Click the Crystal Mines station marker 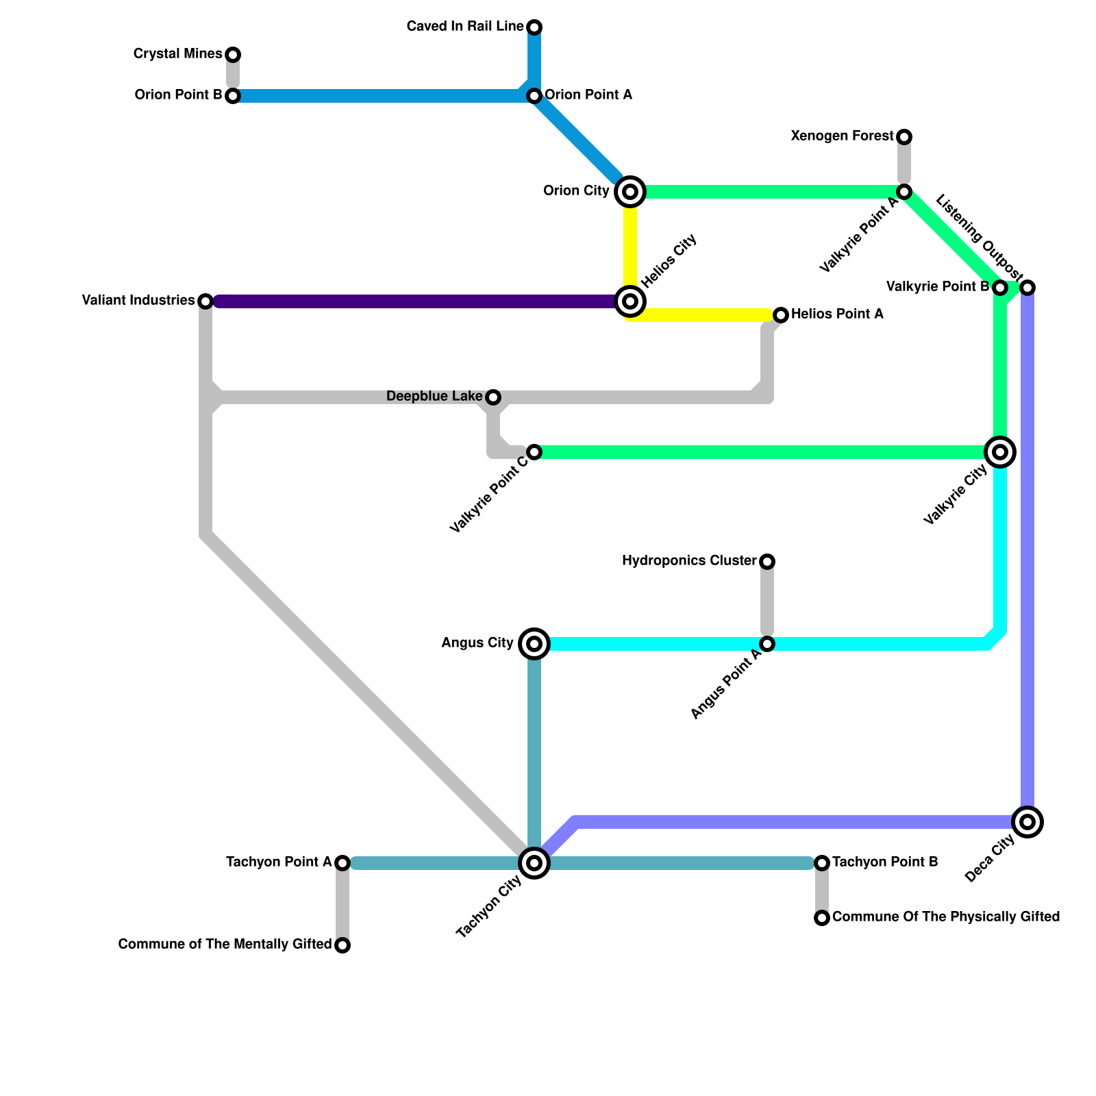[x=233, y=55]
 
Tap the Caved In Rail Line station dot [x=534, y=27]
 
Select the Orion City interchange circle [x=630, y=192]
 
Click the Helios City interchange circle [x=630, y=301]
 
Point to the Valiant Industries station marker [x=206, y=301]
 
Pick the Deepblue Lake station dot [x=493, y=397]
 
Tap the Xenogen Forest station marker [x=904, y=137]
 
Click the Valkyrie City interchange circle [x=1000, y=452]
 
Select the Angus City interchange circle [x=534, y=644]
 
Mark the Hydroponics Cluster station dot [x=767, y=562]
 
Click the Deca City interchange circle [x=1027, y=822]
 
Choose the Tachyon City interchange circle [x=534, y=863]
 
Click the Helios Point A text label [x=837, y=314]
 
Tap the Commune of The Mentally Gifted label [x=225, y=945]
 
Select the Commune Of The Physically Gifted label [x=946, y=917]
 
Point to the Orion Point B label [x=178, y=95]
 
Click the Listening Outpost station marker [x=1027, y=288]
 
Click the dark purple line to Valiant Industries [x=411, y=301]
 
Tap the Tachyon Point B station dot [x=822, y=863]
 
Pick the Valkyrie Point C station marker [x=534, y=452]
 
